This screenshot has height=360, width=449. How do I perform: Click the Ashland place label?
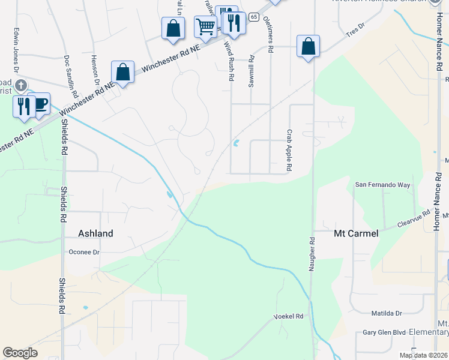[96, 233]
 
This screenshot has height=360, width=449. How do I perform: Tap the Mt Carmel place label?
[356, 233]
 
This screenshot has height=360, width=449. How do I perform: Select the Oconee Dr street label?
[84, 252]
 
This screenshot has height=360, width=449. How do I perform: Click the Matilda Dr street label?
[387, 313]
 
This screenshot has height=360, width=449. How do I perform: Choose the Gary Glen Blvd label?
[385, 332]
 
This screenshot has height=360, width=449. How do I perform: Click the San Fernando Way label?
[384, 185]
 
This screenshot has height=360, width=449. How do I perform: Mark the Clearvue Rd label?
[414, 219]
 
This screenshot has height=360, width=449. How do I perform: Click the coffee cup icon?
[40, 104]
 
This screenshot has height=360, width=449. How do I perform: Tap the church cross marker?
[21, 85]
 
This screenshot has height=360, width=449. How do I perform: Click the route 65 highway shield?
[254, 17]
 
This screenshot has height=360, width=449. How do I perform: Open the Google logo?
[20, 352]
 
